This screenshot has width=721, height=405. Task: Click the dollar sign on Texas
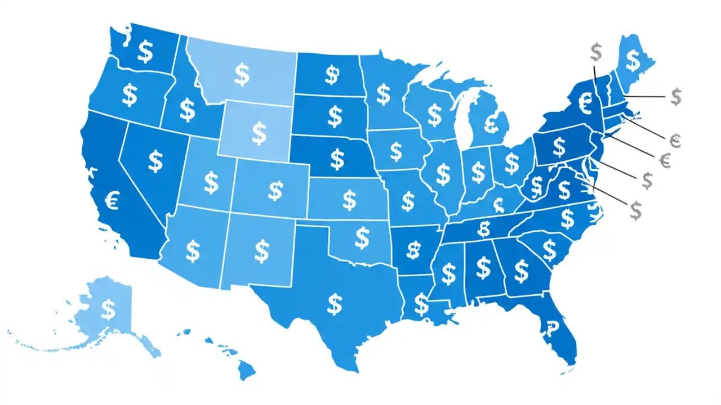click(x=336, y=304)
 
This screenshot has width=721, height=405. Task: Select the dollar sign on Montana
click(x=242, y=74)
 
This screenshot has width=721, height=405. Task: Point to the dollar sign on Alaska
click(x=108, y=308)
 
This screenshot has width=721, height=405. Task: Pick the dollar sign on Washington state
click(x=145, y=52)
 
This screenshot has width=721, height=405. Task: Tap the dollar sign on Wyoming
click(x=259, y=133)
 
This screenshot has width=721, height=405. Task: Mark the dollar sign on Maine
click(x=633, y=58)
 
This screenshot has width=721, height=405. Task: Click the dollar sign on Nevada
click(x=155, y=161)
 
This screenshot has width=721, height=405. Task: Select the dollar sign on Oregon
click(x=130, y=95)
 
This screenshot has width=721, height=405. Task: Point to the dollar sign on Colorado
click(x=275, y=190)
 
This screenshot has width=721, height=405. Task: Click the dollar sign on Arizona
click(x=193, y=251)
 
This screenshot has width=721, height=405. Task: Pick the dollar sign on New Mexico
click(x=262, y=251)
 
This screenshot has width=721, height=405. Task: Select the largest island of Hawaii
click(x=246, y=369)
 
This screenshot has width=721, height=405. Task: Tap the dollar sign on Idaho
click(x=187, y=110)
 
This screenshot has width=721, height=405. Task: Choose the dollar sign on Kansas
click(x=349, y=199)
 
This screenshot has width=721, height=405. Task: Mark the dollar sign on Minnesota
click(x=384, y=93)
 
